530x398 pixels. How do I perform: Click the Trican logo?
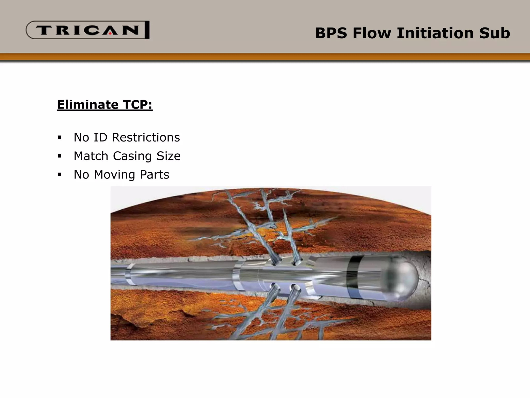tap(87, 30)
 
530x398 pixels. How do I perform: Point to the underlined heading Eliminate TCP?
tap(105, 105)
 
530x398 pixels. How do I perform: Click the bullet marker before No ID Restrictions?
tap(60, 137)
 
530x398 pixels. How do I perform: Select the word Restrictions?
tap(146, 137)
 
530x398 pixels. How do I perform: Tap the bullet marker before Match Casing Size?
tap(60, 156)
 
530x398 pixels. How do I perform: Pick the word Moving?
tap(114, 175)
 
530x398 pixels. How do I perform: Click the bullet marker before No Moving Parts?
tap(60, 175)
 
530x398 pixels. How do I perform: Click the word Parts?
tap(154, 175)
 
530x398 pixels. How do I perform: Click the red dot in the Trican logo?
tap(110, 33)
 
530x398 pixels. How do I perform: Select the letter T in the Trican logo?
tap(45, 30)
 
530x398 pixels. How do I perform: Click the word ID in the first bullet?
tap(100, 137)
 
